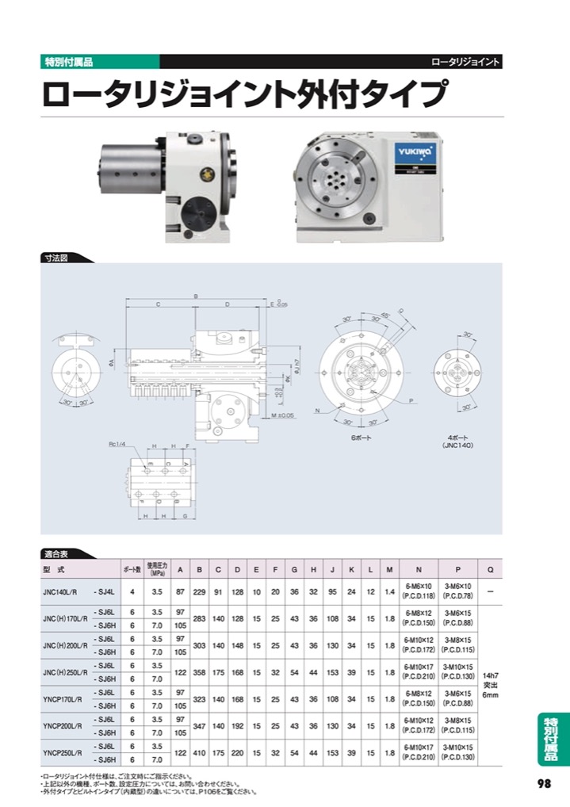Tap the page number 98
tap(543, 783)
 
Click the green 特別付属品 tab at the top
tap(67, 61)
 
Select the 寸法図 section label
tap(56, 258)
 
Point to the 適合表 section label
tap(56, 553)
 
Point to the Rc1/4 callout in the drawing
tap(119, 445)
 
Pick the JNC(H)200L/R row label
tap(64, 645)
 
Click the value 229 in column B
tap(199, 591)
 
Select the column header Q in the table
tap(491, 569)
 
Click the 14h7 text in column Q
tap(491, 674)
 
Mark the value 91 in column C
tap(218, 591)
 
